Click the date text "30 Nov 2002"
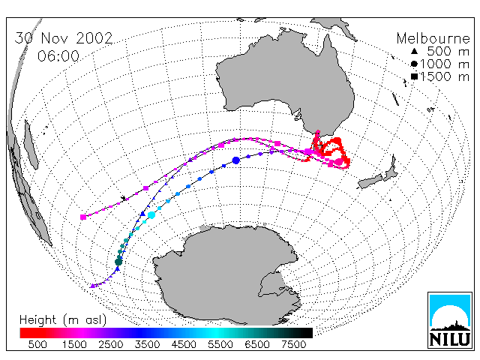(x=64, y=38)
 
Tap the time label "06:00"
(x=58, y=56)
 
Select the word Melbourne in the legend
(x=433, y=38)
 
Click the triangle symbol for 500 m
(x=414, y=51)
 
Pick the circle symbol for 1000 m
(x=414, y=64)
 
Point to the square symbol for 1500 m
(x=414, y=76)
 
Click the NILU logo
(x=450, y=320)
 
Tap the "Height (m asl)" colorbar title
(x=63, y=320)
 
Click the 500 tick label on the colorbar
(x=37, y=344)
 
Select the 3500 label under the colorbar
(x=147, y=344)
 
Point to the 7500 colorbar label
(x=293, y=344)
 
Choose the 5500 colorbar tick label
(x=220, y=344)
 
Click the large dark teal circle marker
(x=118, y=262)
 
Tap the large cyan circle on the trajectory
(x=151, y=215)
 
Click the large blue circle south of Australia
(x=235, y=160)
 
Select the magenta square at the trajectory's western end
(x=83, y=217)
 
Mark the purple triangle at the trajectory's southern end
(x=93, y=286)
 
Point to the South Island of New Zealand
(x=371, y=181)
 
